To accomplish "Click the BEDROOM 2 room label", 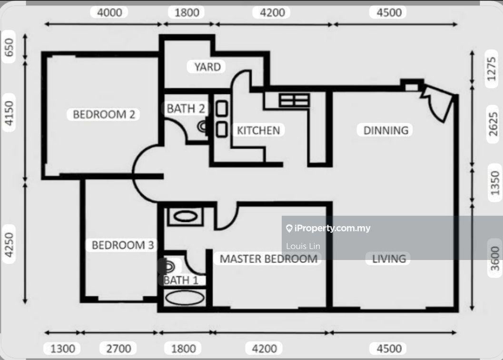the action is (104, 114).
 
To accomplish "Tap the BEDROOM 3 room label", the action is (123, 245).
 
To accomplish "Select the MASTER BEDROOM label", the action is (268, 259).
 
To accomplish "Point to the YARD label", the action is (207, 67).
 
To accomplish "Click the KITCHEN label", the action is (258, 130).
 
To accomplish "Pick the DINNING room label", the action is (386, 130).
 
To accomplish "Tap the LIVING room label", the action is (389, 259).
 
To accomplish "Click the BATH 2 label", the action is (186, 109).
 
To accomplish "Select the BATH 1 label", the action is (181, 280).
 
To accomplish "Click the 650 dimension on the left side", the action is (9, 47).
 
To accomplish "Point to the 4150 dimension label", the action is (9, 113).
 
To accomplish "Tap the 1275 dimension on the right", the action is (491, 69).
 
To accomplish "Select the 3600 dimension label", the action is (495, 259).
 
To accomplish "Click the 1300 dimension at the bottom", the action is (62, 349).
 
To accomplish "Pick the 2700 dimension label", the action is (118, 349).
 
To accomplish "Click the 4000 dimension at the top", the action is (109, 12).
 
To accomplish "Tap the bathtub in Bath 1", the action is (185, 298).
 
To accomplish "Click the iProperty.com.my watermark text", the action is (328, 228).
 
